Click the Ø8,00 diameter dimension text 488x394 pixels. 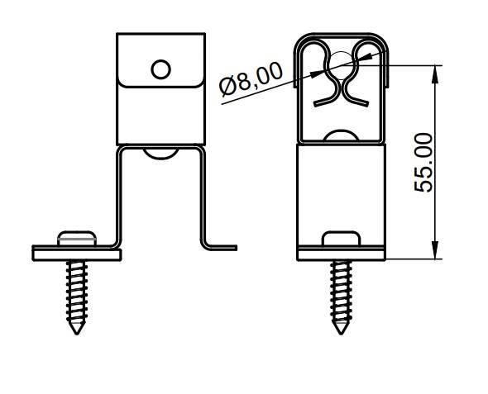[251, 79]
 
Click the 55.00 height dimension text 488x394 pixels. [423, 163]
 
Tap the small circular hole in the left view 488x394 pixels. [160, 69]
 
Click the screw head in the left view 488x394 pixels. [77, 239]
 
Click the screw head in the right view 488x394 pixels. [341, 239]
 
